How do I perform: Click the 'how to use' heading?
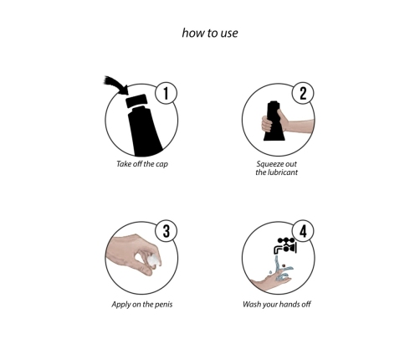point(210,33)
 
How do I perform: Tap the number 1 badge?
point(166,93)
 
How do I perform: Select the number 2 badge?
point(303,93)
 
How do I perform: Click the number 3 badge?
point(166,231)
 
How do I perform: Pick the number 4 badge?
point(303,231)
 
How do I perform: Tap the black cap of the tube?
point(136,101)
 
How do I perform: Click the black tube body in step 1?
point(144,131)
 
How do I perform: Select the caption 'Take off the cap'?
point(142,164)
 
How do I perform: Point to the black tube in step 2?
point(274,121)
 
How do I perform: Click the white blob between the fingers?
point(154,260)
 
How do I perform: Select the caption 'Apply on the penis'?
point(142,304)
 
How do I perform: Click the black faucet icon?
point(285,245)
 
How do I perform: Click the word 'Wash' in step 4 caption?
point(251,304)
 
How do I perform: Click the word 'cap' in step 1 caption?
point(161,164)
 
